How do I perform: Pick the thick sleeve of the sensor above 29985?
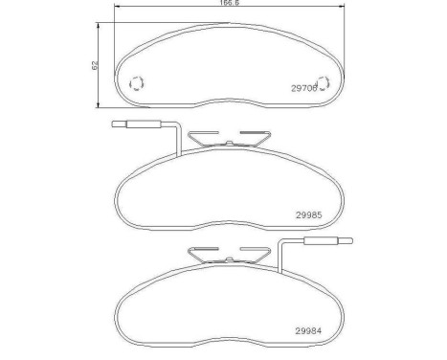[x=144, y=124]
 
